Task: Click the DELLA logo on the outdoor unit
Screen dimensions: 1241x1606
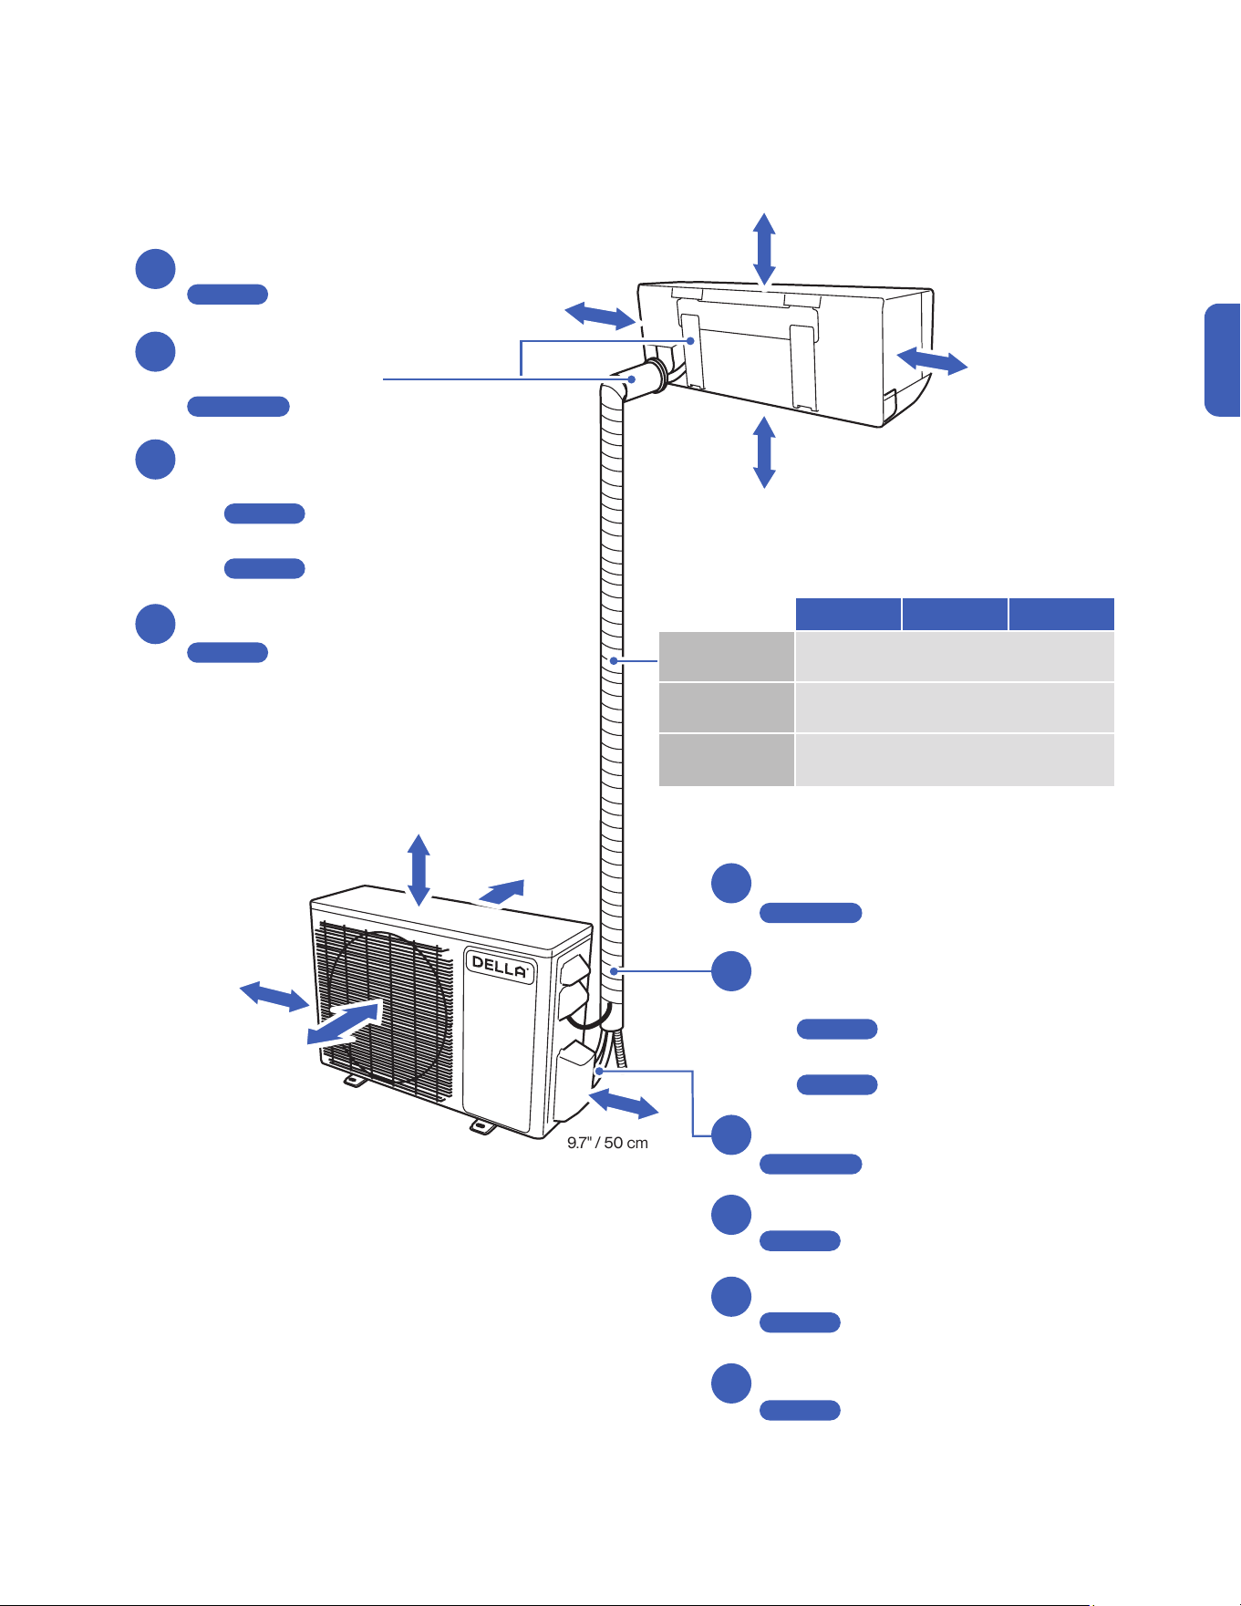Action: pyautogui.click(x=500, y=967)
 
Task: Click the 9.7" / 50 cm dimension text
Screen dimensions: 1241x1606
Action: pyautogui.click(x=607, y=1143)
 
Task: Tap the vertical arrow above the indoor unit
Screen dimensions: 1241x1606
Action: pyautogui.click(x=764, y=249)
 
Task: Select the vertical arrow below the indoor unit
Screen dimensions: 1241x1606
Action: pyautogui.click(x=764, y=451)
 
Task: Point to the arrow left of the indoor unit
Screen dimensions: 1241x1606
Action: pyautogui.click(x=600, y=315)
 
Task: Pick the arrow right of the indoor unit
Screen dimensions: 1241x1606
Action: pyautogui.click(x=932, y=360)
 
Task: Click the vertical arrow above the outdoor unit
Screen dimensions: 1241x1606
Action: pyautogui.click(x=419, y=870)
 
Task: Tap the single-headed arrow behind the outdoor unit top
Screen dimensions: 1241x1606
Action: pyautogui.click(x=502, y=892)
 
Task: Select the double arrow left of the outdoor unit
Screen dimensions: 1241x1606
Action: pyautogui.click(x=274, y=996)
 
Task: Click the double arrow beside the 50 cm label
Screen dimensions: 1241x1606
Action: pyautogui.click(x=624, y=1103)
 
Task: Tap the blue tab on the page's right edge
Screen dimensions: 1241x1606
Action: pyautogui.click(x=1223, y=360)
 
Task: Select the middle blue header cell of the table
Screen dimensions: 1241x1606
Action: pyautogui.click(x=955, y=614)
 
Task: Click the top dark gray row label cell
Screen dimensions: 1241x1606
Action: pyautogui.click(x=726, y=656)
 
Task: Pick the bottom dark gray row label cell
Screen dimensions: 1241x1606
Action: pyautogui.click(x=726, y=760)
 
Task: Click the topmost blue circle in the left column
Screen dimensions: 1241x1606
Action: pyautogui.click(x=155, y=269)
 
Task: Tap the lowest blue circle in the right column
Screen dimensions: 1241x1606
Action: pyautogui.click(x=731, y=1383)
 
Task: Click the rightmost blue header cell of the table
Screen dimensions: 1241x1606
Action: pyautogui.click(x=1061, y=614)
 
